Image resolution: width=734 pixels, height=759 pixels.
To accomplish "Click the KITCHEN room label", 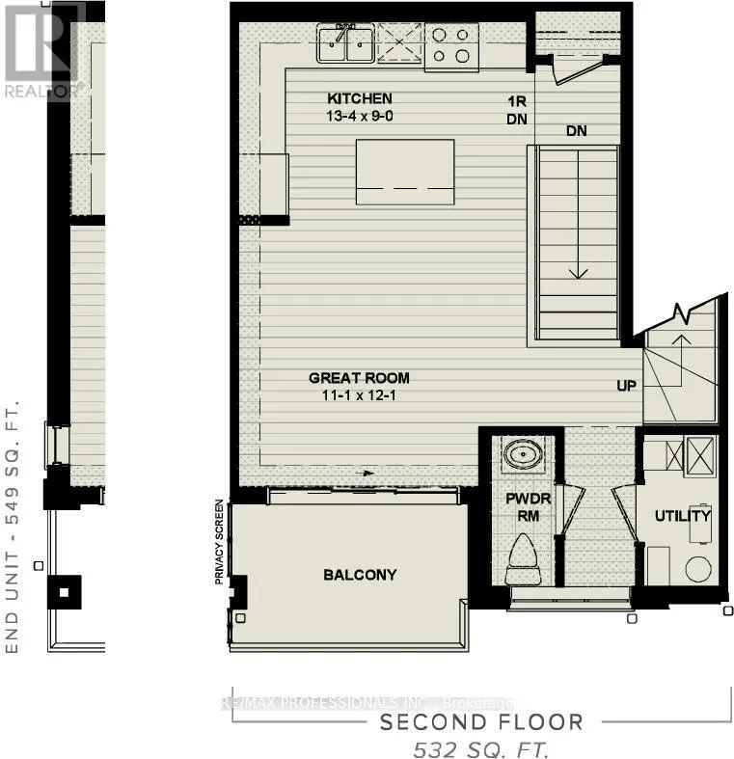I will click(x=359, y=98).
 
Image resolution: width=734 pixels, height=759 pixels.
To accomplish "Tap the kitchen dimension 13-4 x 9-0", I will click(x=359, y=116).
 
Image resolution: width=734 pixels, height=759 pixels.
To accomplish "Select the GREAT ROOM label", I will click(x=359, y=378).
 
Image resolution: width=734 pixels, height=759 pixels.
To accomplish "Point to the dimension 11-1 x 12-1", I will click(x=359, y=395).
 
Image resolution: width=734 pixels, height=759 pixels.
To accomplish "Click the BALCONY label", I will click(x=359, y=575).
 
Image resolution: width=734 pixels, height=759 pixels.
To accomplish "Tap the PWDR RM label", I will click(x=526, y=507).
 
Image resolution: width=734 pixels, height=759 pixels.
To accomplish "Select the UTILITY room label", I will click(x=682, y=516).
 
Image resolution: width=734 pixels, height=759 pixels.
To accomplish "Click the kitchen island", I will click(x=404, y=172).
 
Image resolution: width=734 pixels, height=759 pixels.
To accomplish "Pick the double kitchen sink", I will click(x=345, y=44).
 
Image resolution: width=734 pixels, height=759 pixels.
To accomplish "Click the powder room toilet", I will click(x=526, y=559).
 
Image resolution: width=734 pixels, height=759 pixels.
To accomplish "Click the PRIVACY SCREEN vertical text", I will click(x=220, y=542).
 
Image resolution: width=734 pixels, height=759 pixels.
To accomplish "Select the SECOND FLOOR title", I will click(x=481, y=722).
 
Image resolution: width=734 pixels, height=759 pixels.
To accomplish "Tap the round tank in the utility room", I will click(x=698, y=569).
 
